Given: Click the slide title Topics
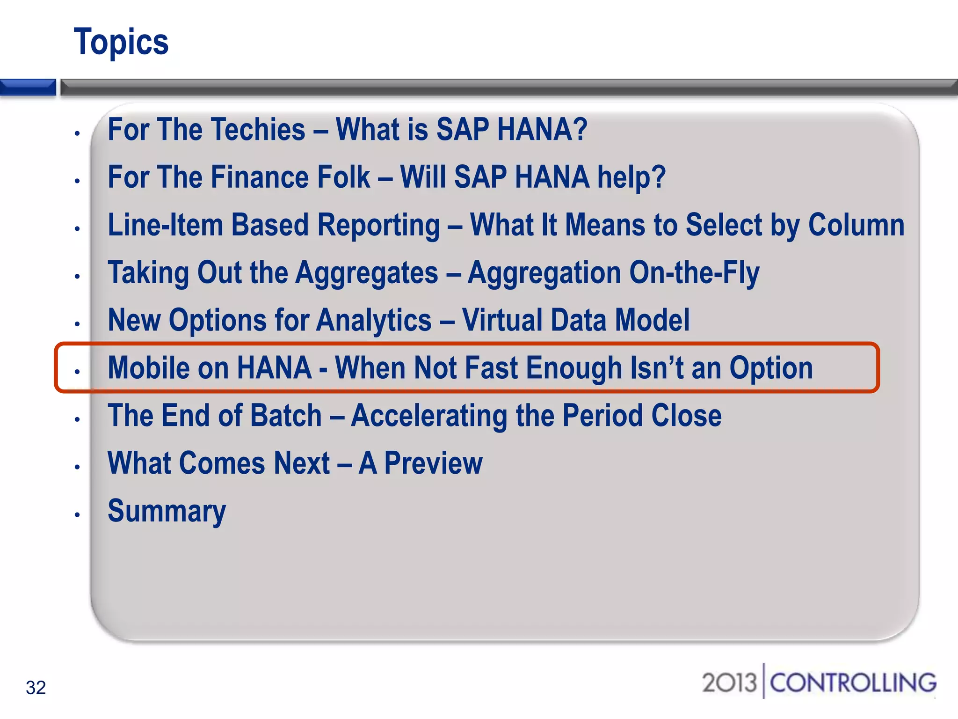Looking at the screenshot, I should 121,42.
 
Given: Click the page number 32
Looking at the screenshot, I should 36,688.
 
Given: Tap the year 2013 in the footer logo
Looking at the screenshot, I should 729,682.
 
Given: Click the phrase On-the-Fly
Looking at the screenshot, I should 694,273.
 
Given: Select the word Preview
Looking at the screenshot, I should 433,463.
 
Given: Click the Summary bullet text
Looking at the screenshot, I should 167,511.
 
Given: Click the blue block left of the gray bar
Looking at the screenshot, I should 28,88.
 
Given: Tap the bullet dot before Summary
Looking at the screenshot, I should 78,515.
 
